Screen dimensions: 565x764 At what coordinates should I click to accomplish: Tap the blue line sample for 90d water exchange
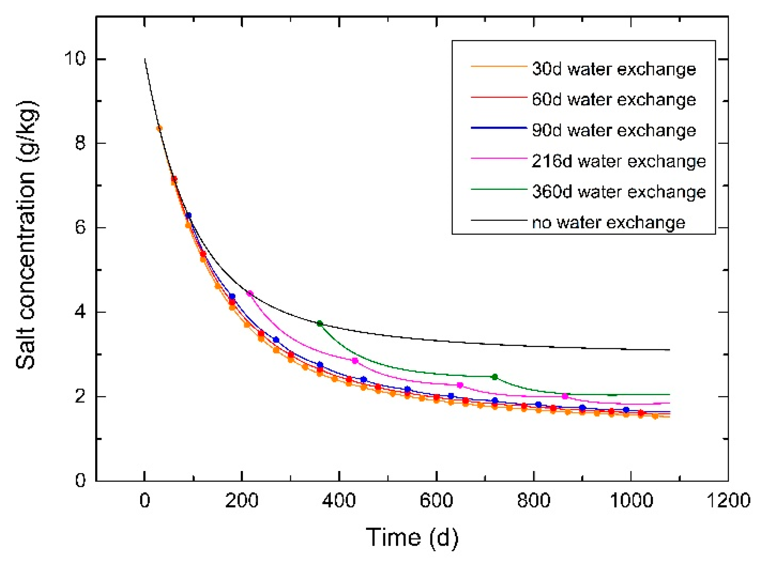pos(498,128)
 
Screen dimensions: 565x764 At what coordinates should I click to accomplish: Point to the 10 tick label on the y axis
pos(75,58)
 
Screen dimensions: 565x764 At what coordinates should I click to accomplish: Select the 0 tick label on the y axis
pos(80,480)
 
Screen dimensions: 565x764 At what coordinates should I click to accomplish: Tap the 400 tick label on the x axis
pos(339,501)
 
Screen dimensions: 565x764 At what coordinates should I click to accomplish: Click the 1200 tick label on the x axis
pos(728,501)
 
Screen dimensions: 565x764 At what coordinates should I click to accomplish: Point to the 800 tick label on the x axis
pos(533,501)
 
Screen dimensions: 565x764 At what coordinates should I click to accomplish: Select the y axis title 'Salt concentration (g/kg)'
pos(27,235)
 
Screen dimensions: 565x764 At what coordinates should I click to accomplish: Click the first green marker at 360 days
pos(320,323)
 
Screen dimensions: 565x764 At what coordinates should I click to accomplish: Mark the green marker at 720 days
pos(495,377)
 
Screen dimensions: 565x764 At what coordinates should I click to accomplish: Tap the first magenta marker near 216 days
pos(250,293)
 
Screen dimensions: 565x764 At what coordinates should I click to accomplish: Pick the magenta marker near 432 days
pos(355,360)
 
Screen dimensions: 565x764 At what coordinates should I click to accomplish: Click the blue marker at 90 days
pos(188,215)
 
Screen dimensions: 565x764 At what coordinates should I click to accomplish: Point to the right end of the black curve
pos(669,349)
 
